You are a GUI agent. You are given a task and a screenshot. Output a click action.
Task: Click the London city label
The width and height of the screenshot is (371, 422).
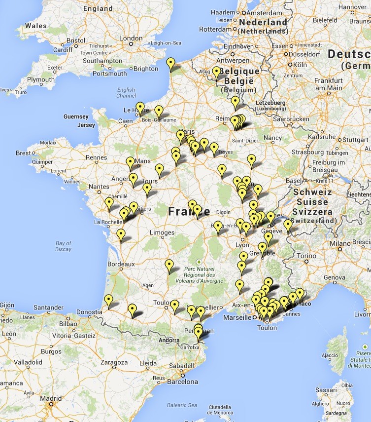pyautogui.click(x=131, y=38)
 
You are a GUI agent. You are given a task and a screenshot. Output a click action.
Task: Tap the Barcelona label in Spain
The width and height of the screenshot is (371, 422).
pyautogui.click(x=182, y=382)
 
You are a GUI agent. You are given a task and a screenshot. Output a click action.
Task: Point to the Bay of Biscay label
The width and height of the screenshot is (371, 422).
pyautogui.click(x=64, y=246)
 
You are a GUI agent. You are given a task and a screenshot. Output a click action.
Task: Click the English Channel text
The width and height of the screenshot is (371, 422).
pyautogui.click(x=126, y=93)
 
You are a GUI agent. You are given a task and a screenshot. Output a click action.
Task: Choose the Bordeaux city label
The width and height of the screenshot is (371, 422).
pyautogui.click(x=121, y=264)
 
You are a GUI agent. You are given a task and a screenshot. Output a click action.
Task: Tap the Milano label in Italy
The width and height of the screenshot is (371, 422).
pyautogui.click(x=340, y=243)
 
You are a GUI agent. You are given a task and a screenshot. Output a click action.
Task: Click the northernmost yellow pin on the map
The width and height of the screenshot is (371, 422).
pyautogui.click(x=170, y=63)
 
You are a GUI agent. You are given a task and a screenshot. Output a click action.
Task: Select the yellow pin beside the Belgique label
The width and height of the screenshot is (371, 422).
pyautogui.click(x=216, y=73)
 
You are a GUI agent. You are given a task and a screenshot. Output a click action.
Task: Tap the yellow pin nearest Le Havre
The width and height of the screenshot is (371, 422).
pyautogui.click(x=140, y=108)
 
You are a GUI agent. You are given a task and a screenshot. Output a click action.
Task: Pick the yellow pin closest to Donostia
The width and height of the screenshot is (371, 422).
pyautogui.click(x=109, y=300)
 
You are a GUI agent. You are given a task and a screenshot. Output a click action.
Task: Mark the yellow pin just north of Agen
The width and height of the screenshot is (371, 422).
pyautogui.click(x=169, y=265)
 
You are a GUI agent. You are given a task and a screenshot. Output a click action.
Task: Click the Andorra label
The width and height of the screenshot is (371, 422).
pyautogui.click(x=169, y=340)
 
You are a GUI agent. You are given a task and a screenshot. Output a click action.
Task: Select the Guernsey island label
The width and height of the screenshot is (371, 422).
pyautogui.click(x=75, y=116)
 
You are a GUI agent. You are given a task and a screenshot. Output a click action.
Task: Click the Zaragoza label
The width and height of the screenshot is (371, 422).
pyautogui.click(x=114, y=362)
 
